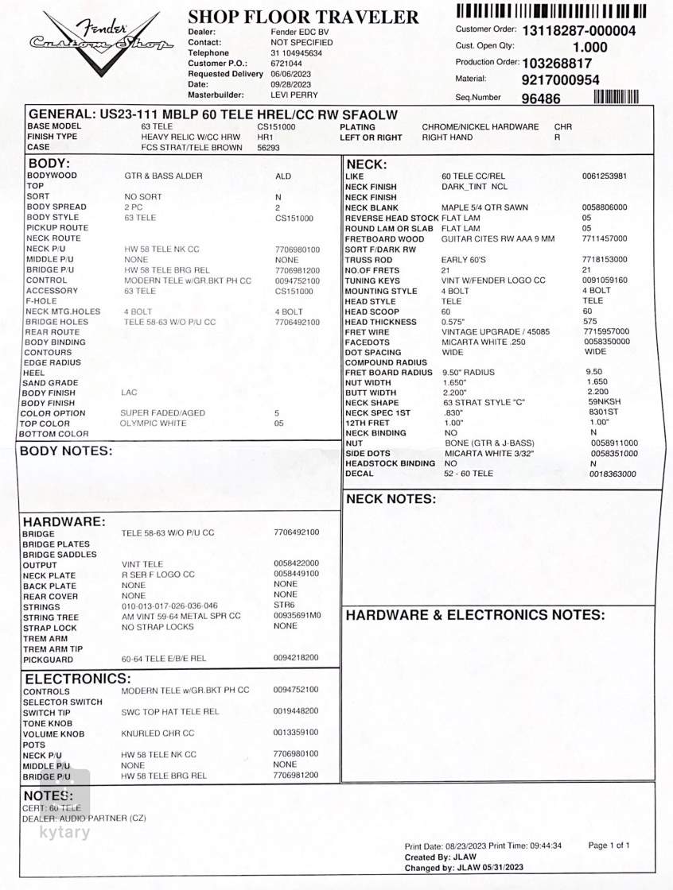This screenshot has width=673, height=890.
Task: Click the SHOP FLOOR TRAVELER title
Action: point(303,17)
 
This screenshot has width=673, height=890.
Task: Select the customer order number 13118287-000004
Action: point(578,31)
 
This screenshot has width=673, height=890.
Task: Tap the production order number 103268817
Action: point(556,64)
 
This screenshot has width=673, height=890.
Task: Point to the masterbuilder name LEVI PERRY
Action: point(294,95)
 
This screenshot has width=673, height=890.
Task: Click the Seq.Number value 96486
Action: point(541,99)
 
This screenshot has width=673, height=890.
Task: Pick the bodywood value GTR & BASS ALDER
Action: point(163,176)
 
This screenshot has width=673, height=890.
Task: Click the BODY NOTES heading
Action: point(66,451)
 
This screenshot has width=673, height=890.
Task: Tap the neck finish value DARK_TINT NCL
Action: point(474,187)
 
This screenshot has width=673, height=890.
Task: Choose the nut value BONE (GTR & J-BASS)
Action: point(489,443)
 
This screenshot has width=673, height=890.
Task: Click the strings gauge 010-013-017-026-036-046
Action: point(169,606)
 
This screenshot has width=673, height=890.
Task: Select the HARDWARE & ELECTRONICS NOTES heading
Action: point(475,615)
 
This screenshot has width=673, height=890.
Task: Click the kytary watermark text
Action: point(64,833)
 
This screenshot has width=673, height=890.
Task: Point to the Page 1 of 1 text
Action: point(609,845)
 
